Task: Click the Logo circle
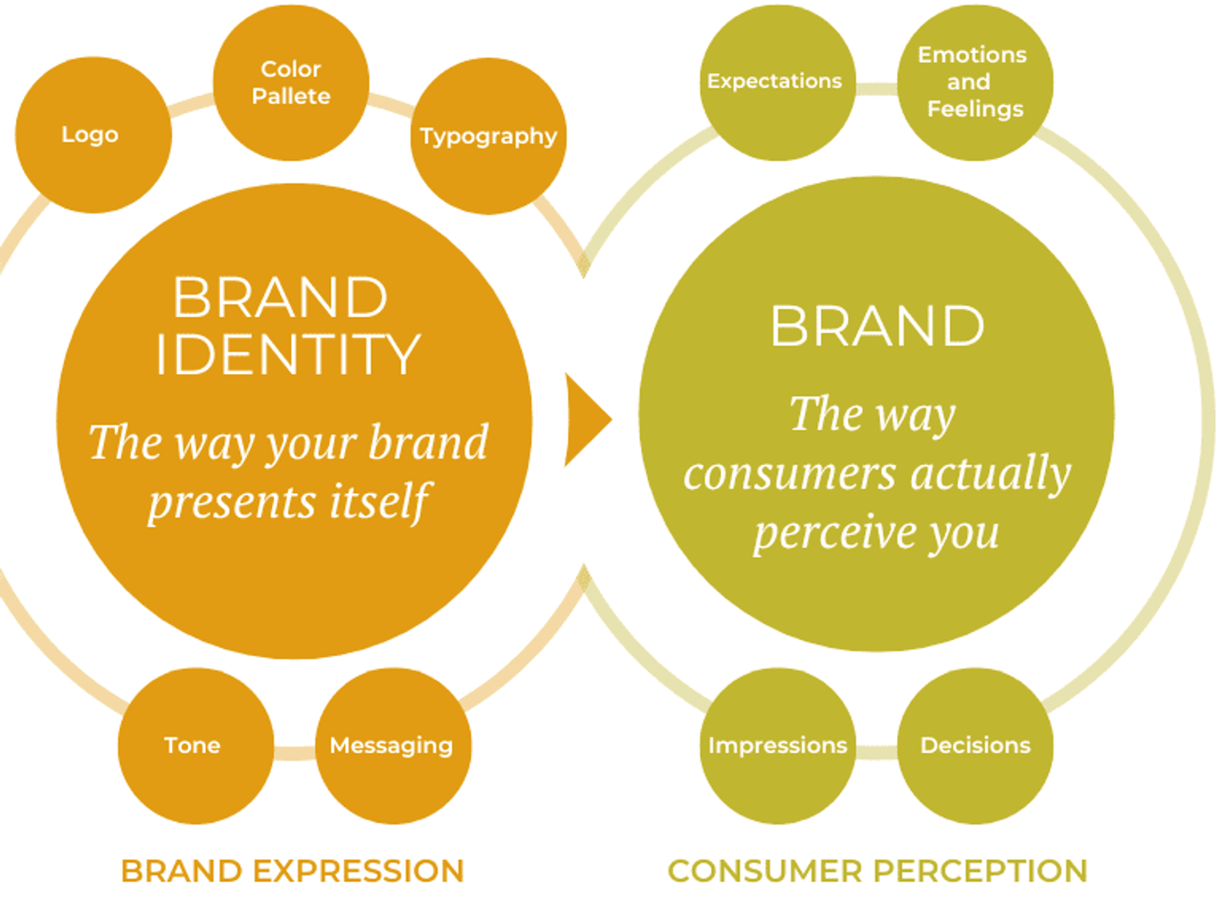(93, 135)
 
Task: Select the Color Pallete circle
(291, 83)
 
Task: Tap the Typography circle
(488, 136)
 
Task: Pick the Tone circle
(195, 746)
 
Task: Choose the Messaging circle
(393, 746)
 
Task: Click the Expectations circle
(777, 83)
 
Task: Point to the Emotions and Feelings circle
(975, 83)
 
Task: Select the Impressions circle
(778, 746)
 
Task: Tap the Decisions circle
(975, 746)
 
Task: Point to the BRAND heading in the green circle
(877, 326)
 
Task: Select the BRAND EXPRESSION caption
(292, 871)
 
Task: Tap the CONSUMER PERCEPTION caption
(878, 871)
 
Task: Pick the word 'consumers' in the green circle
(790, 474)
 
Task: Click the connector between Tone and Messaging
(294, 753)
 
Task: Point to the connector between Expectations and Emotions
(876, 89)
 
